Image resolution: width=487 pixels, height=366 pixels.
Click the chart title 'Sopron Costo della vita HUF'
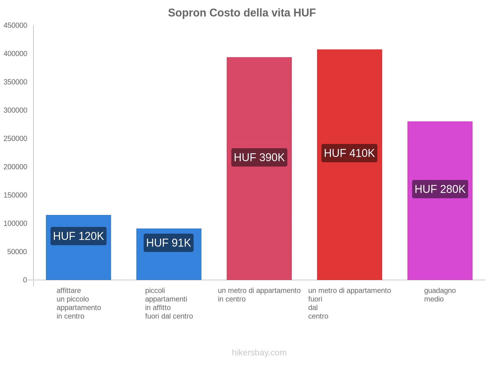[242, 13]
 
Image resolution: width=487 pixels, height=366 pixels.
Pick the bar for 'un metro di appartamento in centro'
[259, 213]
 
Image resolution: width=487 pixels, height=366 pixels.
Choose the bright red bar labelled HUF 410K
[349, 213]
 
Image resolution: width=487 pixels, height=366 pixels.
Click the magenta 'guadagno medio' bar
[440, 238]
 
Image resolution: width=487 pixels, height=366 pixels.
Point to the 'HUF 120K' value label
[79, 236]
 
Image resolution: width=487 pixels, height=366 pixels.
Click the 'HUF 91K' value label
[169, 243]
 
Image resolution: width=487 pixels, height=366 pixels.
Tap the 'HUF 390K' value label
[259, 157]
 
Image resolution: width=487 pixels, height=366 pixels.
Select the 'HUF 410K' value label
[349, 153]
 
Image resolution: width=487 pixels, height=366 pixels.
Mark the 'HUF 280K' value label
[440, 189]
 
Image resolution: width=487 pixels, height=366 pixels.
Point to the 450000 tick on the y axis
[15, 25]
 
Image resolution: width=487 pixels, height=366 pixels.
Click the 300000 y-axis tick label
[15, 110]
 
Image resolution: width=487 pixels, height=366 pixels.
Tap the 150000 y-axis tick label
[15, 195]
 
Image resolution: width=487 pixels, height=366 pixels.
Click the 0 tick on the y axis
[25, 280]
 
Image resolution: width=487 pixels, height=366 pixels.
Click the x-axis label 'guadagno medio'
[440, 295]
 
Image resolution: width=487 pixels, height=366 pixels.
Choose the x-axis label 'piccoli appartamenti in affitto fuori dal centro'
[169, 303]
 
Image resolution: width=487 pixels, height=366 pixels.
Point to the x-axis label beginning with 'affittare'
[79, 303]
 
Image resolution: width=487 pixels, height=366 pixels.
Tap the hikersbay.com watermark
[259, 353]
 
